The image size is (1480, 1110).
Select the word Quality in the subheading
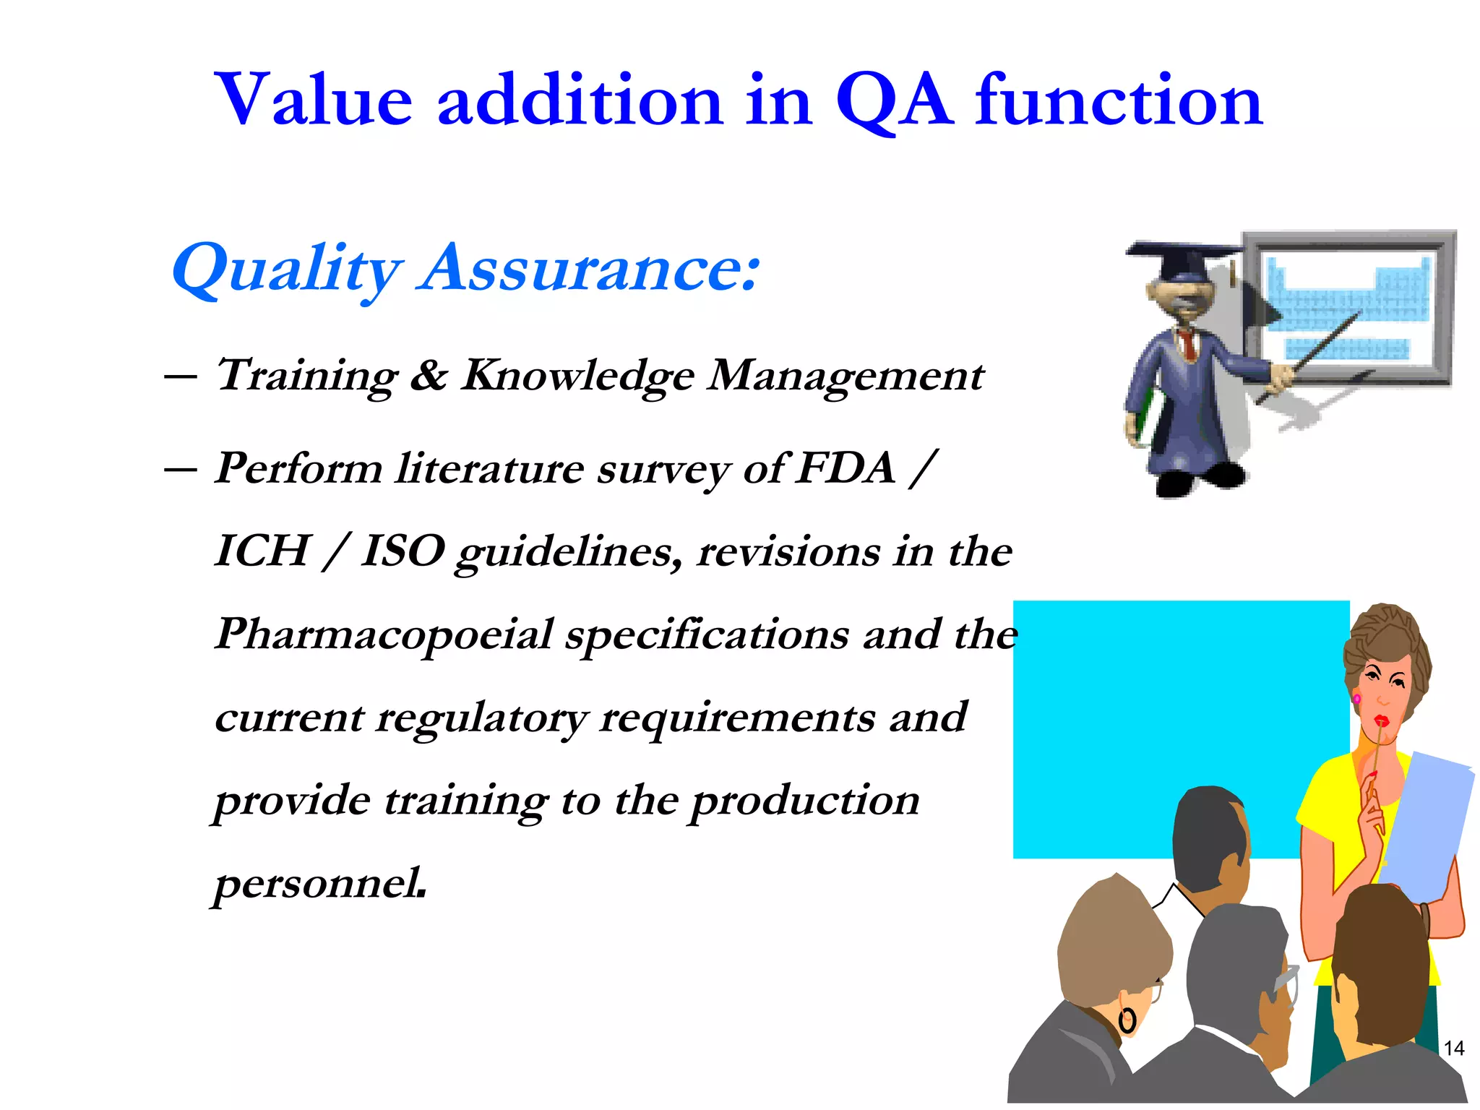click(285, 270)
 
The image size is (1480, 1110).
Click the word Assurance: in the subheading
click(589, 268)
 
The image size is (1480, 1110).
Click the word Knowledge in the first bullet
click(578, 377)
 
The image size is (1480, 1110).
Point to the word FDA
click(846, 468)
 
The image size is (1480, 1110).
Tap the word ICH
click(262, 551)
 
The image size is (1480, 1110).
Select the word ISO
click(403, 551)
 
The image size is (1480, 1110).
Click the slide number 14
click(1453, 1048)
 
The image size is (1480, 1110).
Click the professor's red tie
click(1187, 345)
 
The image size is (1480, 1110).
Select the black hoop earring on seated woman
click(1127, 1021)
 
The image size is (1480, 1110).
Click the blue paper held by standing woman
click(1427, 824)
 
